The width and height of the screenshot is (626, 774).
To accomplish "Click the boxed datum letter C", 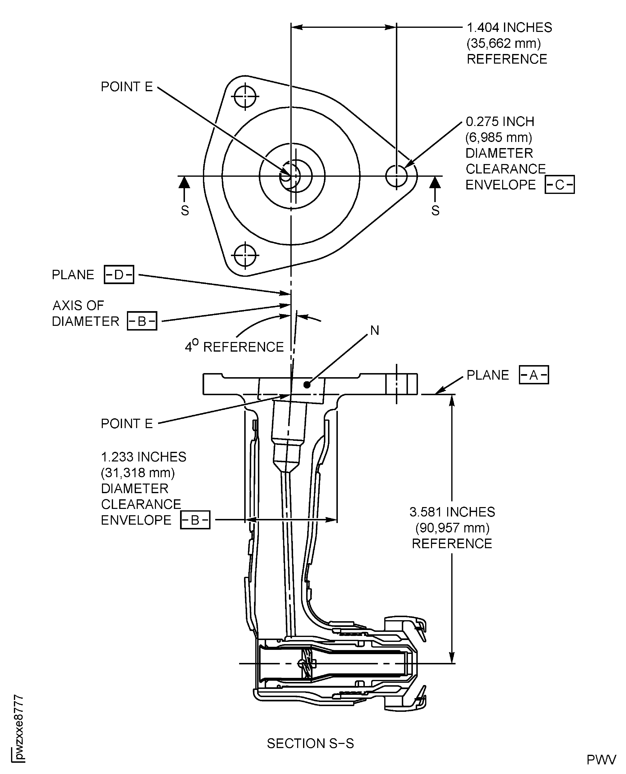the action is tap(559, 185).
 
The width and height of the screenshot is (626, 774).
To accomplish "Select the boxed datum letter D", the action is tap(119, 274).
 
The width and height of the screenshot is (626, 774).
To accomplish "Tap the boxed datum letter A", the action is tap(534, 375).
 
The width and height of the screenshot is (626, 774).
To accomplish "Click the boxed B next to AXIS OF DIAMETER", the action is tap(142, 321).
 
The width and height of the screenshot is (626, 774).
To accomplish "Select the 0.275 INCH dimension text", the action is tap(500, 122).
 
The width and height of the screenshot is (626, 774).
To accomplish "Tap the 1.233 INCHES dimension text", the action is tap(143, 457).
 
